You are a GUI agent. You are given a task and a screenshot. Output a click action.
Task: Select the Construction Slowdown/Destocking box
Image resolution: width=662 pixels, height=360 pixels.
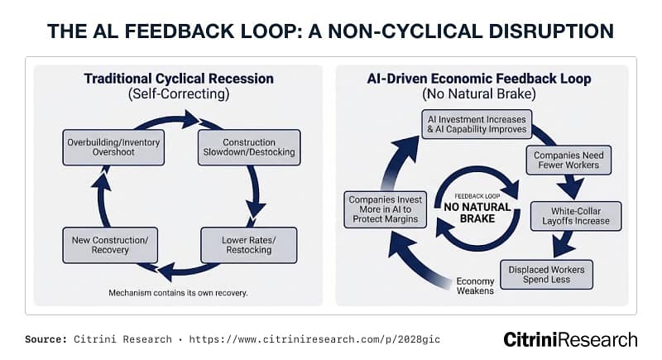248,147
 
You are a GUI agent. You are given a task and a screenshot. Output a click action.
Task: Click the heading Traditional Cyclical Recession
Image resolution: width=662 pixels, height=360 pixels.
177,79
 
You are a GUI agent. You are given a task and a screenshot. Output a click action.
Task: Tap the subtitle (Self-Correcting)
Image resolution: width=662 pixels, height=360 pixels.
177,95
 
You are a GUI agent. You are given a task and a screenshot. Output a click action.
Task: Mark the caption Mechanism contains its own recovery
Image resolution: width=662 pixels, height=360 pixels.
177,293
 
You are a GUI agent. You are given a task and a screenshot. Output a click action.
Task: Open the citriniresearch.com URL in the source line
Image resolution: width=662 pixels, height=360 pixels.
313,340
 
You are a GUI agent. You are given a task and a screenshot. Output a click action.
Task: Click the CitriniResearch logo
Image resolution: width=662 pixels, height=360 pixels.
570,339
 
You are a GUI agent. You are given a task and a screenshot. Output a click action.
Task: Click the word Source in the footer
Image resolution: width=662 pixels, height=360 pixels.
46,340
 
